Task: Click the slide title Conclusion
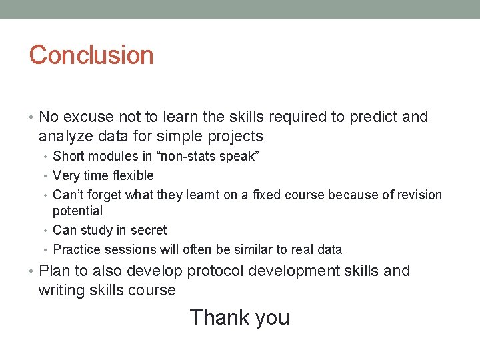click(x=91, y=55)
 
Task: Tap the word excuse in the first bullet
click(x=87, y=117)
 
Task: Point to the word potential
click(x=78, y=211)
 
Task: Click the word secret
click(x=148, y=230)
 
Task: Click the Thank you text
click(x=239, y=317)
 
